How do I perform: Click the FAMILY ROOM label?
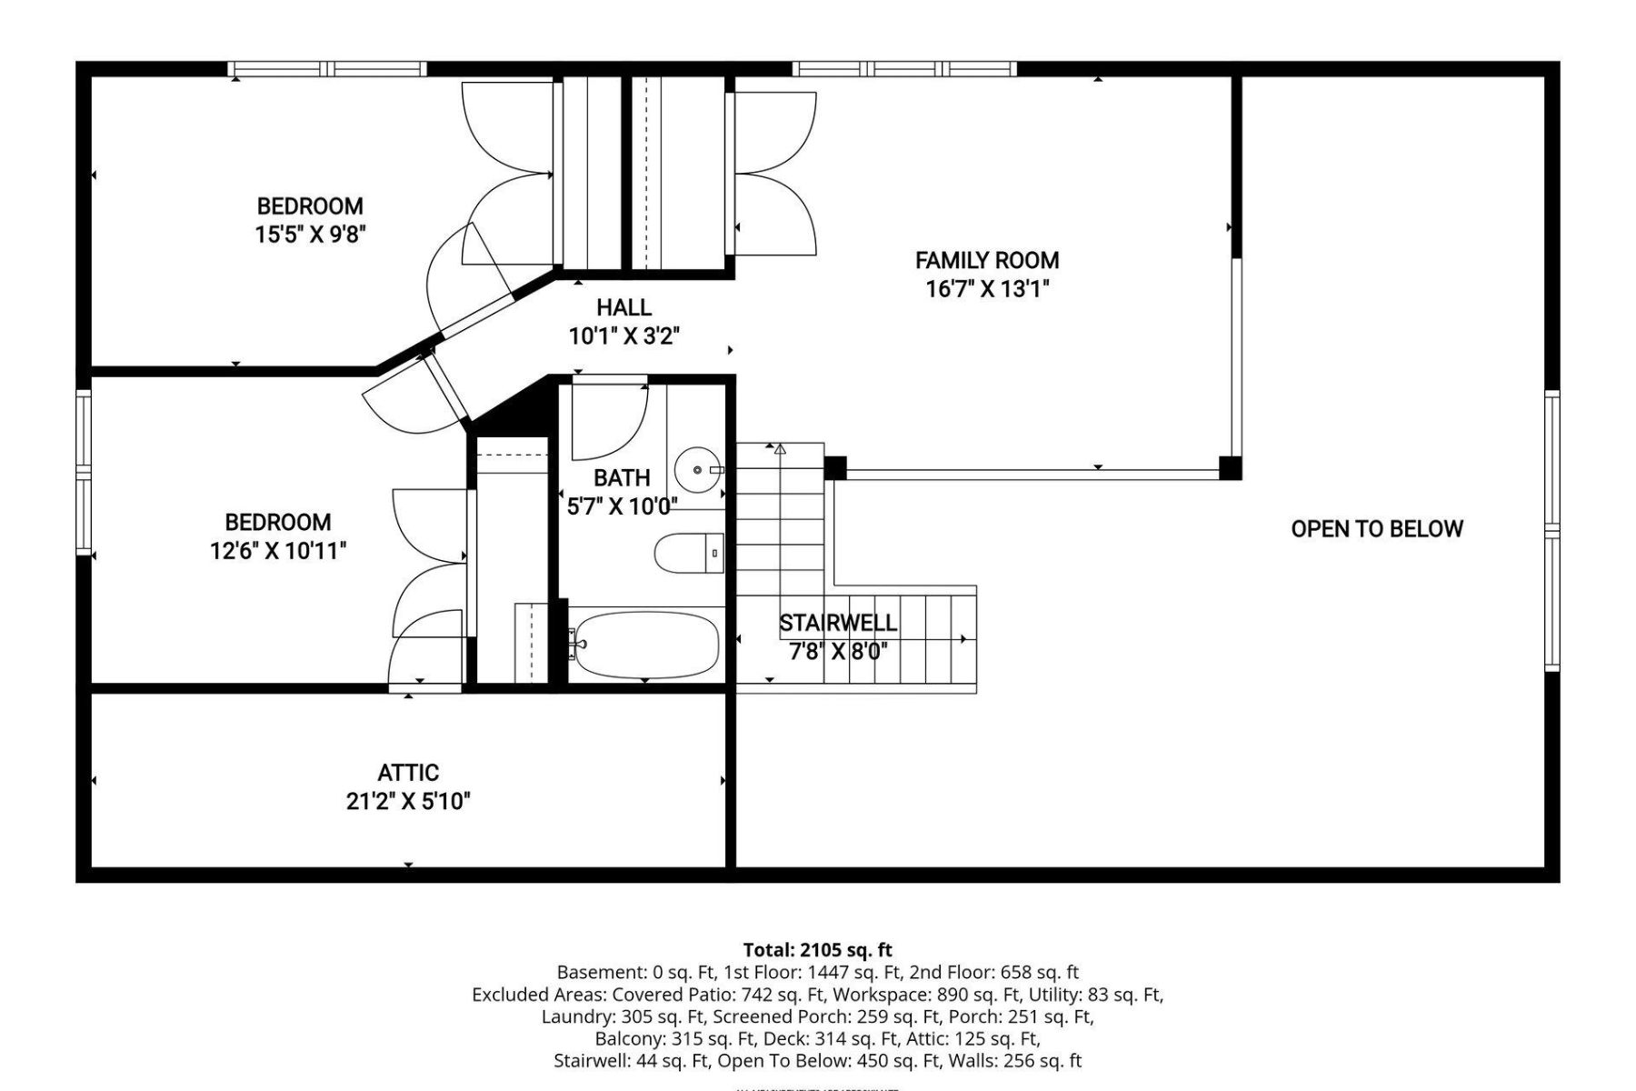pyautogui.click(x=986, y=260)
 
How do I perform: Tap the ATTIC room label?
pyautogui.click(x=408, y=773)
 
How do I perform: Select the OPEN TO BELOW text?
pyautogui.click(x=1376, y=529)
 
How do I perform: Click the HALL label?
pyautogui.click(x=623, y=307)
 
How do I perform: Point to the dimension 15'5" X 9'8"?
pyautogui.click(x=310, y=235)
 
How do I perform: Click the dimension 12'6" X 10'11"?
pyautogui.click(x=278, y=551)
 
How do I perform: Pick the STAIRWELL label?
pyautogui.click(x=837, y=623)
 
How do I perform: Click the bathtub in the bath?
pyautogui.click(x=646, y=644)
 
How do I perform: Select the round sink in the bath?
pyautogui.click(x=695, y=469)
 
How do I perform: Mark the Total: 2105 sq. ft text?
pyautogui.click(x=817, y=951)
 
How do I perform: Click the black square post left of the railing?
pyautogui.click(x=835, y=467)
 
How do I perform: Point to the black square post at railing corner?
pyautogui.click(x=1230, y=468)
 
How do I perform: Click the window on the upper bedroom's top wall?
pyautogui.click(x=326, y=68)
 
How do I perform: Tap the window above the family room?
pyautogui.click(x=903, y=68)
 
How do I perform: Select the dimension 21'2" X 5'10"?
pyautogui.click(x=408, y=802)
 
